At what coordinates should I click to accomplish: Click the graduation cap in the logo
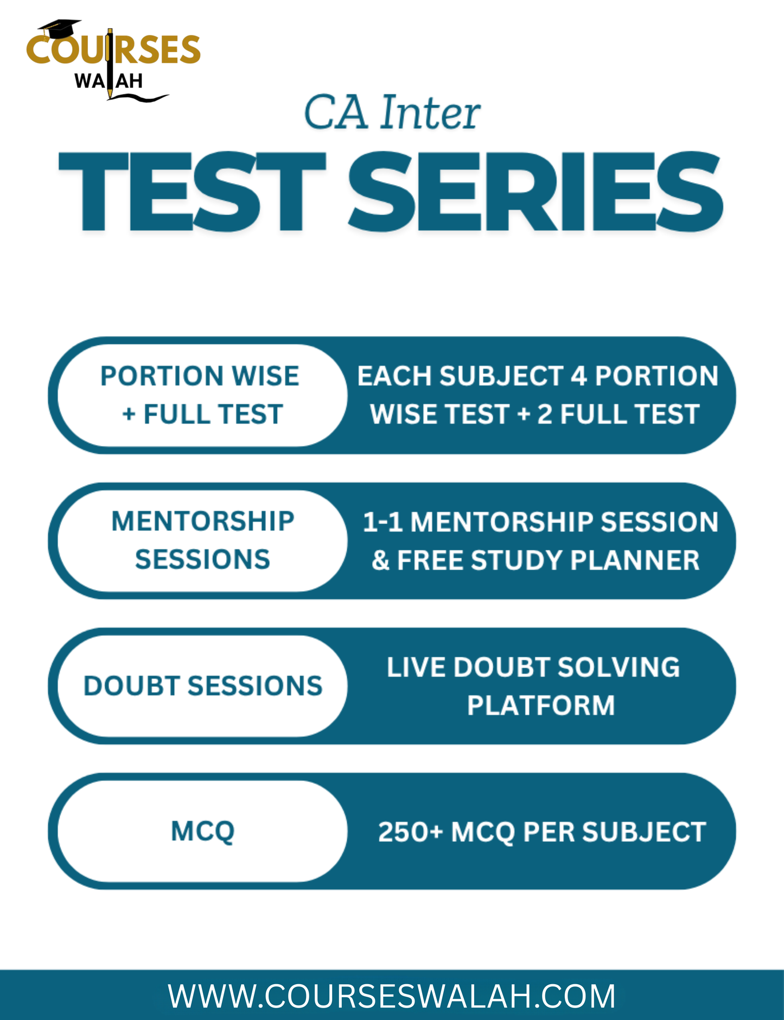(60, 28)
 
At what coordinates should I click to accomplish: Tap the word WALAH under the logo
(109, 81)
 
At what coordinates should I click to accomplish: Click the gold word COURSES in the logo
(113, 50)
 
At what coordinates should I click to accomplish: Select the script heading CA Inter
(392, 113)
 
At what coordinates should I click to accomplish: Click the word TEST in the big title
(193, 192)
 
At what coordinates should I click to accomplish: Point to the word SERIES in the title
(534, 192)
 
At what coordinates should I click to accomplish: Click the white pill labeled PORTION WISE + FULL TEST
(200, 395)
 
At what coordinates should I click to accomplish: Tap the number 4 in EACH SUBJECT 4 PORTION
(578, 376)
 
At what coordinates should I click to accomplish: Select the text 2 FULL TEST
(618, 414)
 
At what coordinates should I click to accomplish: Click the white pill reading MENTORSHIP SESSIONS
(202, 541)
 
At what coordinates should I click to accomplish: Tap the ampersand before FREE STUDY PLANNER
(381, 560)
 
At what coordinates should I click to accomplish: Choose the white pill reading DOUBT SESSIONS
(202, 686)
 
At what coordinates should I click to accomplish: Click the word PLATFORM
(540, 706)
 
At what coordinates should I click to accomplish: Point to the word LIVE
(416, 667)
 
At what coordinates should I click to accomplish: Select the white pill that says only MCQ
(202, 831)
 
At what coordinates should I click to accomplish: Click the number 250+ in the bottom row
(411, 832)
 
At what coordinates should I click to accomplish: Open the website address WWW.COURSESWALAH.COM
(392, 996)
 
